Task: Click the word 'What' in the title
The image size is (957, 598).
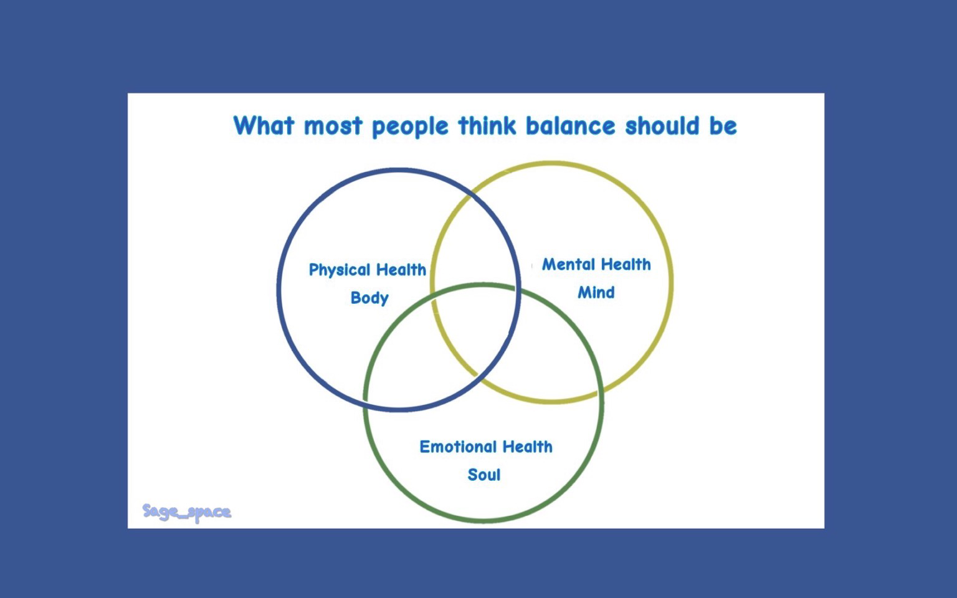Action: pos(264,126)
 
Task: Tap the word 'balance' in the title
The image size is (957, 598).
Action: pos(570,126)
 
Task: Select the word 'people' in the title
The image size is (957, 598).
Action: pos(410,127)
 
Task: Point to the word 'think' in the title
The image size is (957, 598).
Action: pos(487,126)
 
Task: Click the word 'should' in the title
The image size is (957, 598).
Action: pos(662,126)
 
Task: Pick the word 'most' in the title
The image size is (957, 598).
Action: pos(333,126)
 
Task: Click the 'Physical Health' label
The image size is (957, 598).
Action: pos(368,270)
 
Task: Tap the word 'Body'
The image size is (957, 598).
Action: pos(369,298)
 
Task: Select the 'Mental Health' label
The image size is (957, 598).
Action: pos(596,265)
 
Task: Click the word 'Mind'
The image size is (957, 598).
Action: pos(596,293)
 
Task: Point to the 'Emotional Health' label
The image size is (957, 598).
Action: pos(486,447)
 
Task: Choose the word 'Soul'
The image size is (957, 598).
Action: pos(483,475)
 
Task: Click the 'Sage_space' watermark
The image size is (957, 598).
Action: pos(187,511)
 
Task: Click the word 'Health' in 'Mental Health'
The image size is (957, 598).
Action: pos(626,265)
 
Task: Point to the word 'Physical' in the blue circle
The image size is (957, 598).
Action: pos(339,270)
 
